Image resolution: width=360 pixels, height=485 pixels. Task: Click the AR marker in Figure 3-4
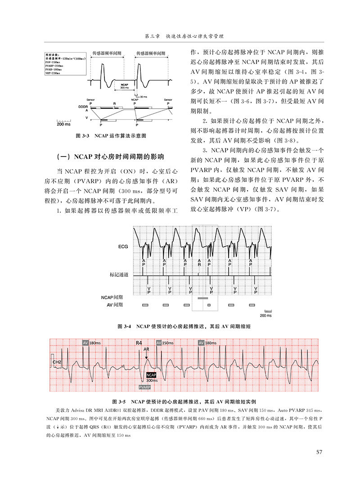[x=199, y=263]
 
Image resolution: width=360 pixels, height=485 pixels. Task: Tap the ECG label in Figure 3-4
[x=123, y=247]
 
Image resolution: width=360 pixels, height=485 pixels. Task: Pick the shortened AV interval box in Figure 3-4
[x=209, y=305]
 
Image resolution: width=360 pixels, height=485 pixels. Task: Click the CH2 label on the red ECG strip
[x=57, y=361]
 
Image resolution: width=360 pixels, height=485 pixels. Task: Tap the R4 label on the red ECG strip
[x=139, y=343]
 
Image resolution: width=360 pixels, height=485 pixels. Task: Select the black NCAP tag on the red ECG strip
[x=151, y=375]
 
